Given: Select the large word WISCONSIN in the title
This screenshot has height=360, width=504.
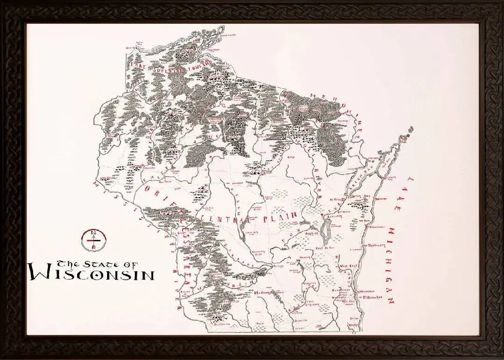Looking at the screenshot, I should point(91,273).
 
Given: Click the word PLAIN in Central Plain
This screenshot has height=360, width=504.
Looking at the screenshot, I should point(280,217).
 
